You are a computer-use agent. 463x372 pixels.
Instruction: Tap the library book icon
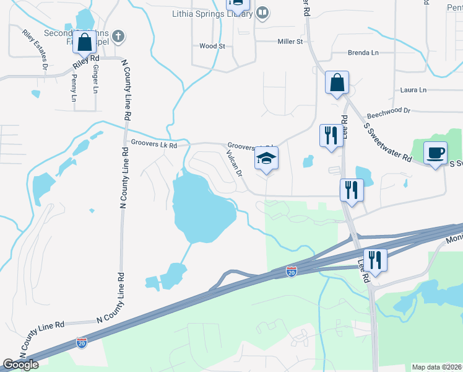coord(262,13)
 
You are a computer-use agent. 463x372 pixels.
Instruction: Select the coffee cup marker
coord(435,153)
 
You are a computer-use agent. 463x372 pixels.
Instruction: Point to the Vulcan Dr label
coord(233,164)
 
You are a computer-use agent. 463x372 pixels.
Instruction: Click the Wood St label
coord(212,46)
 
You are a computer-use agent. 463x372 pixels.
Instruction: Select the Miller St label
coord(290,42)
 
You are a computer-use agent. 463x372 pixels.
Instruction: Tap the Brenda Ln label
coord(363,53)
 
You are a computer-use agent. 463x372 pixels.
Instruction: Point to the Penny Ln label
coord(74,89)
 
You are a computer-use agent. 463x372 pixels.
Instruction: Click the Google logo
coord(20,365)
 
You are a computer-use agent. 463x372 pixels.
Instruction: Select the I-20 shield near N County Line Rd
coord(82,342)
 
